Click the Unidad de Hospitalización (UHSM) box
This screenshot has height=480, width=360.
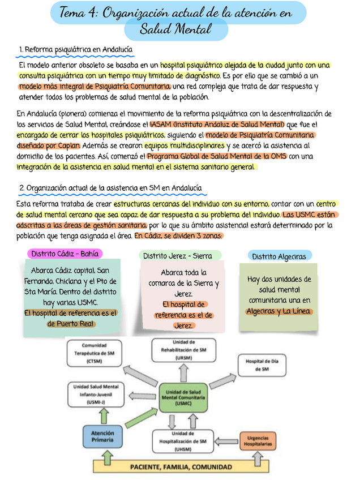click(x=183, y=441)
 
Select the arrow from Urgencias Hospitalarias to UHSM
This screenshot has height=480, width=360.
click(x=228, y=442)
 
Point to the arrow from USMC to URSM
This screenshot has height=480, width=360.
click(x=183, y=372)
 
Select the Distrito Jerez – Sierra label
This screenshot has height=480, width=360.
click(x=177, y=256)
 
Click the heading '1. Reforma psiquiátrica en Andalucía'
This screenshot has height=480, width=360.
click(x=76, y=50)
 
